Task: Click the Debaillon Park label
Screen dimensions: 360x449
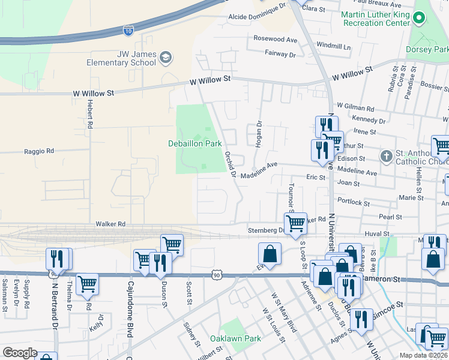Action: pyautogui.click(x=195, y=143)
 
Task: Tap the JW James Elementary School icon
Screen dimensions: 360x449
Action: pyautogui.click(x=166, y=58)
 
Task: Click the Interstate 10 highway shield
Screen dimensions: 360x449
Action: pyautogui.click(x=128, y=29)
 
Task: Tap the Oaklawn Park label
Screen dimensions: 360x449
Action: pyautogui.click(x=235, y=338)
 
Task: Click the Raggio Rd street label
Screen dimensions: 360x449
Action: pyautogui.click(x=39, y=151)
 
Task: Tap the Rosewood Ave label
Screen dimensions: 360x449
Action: pyautogui.click(x=276, y=39)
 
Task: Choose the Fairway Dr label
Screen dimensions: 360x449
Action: pyautogui.click(x=280, y=54)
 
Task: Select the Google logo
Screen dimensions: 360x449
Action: pyautogui.click(x=20, y=353)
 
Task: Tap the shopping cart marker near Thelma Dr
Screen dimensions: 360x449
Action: pyautogui.click(x=87, y=284)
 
